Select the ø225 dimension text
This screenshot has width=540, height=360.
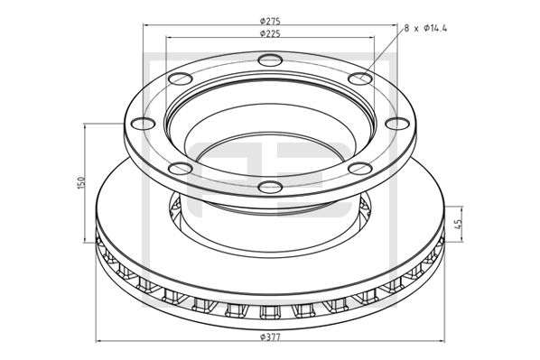(267, 33)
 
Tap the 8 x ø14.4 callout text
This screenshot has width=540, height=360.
(424, 29)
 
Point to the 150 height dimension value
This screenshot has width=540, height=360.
(80, 182)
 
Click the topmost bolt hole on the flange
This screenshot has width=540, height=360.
(269, 60)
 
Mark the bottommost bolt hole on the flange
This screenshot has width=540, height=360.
(268, 187)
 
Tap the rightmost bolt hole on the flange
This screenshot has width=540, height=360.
(395, 125)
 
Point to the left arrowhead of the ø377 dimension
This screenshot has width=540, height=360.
(98, 342)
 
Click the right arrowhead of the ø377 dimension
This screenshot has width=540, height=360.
(440, 342)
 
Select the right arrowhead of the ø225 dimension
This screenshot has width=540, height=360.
(373, 39)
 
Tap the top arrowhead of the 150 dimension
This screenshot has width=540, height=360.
(86, 125)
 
